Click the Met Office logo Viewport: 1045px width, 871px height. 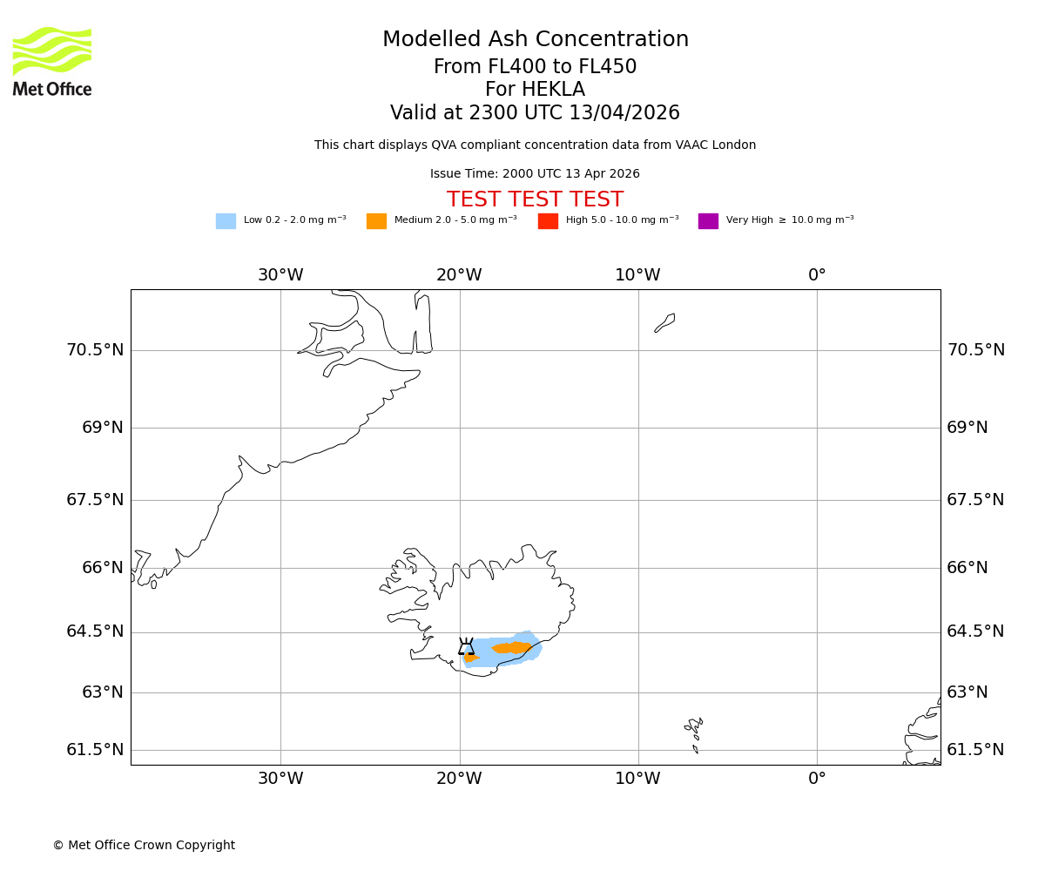coord(52,62)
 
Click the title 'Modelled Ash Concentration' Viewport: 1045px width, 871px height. coord(536,40)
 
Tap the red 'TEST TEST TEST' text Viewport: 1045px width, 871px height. coord(535,200)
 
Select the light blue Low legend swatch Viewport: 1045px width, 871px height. coord(226,221)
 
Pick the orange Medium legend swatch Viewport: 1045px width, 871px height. coord(376,221)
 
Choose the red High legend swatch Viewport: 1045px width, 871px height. coord(548,221)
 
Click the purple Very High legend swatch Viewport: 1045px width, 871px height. coord(708,221)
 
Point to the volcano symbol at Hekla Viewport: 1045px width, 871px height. coord(467,646)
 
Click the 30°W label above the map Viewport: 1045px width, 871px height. coord(280,275)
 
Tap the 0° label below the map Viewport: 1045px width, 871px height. coord(817,779)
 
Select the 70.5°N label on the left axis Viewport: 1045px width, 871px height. coord(95,350)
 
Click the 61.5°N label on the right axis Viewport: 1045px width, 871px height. coord(975,750)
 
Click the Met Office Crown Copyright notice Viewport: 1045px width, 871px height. coord(144,846)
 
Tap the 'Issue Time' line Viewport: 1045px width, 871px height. coord(535,174)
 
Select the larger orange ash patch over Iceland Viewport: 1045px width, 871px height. coord(512,647)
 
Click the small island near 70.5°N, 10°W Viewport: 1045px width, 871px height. coord(665,322)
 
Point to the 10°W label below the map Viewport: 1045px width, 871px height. coord(637,779)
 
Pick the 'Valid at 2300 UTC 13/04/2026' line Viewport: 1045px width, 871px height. coord(535,113)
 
